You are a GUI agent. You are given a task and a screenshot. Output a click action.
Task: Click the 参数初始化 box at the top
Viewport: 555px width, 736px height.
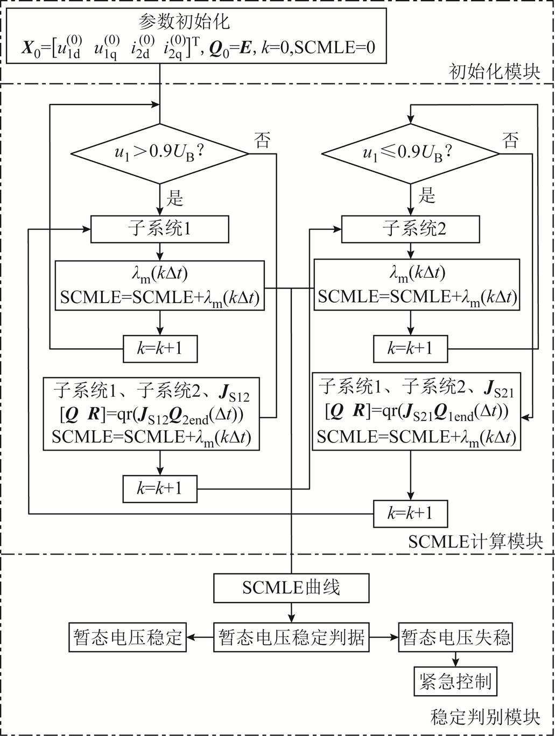tap(199, 37)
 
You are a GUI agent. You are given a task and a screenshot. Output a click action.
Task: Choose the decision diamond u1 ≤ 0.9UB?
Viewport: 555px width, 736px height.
tap(411, 155)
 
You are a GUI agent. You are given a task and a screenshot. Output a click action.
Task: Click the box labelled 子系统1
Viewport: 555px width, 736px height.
tap(160, 229)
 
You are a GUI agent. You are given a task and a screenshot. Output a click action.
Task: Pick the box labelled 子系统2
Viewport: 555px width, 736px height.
tap(411, 229)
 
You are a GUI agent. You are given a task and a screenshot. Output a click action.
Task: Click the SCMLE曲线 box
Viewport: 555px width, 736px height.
tap(291, 588)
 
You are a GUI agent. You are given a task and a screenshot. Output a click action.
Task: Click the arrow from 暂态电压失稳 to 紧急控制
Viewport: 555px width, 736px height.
tap(455, 660)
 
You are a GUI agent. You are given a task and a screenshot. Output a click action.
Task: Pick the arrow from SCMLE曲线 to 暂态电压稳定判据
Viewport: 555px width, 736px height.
tap(291, 612)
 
